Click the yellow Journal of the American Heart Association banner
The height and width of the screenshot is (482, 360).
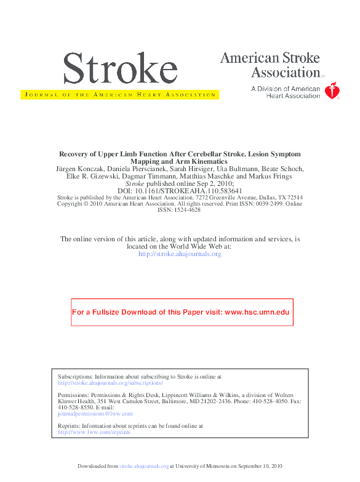pyautogui.click(x=119, y=95)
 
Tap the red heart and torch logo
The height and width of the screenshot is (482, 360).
pyautogui.click(x=332, y=92)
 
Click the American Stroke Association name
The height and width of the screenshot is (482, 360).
pyautogui.click(x=270, y=65)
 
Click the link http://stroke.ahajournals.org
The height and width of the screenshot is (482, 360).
pyautogui.click(x=180, y=254)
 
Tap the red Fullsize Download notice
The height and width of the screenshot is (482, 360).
pyautogui.click(x=181, y=312)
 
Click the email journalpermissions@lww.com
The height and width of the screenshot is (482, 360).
pyautogui.click(x=95, y=414)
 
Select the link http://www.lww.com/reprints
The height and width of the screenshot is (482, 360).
pyautogui.click(x=94, y=432)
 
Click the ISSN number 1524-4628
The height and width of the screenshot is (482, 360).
pyautogui.click(x=179, y=209)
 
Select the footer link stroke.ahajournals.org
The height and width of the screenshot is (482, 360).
pyautogui.click(x=144, y=466)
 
